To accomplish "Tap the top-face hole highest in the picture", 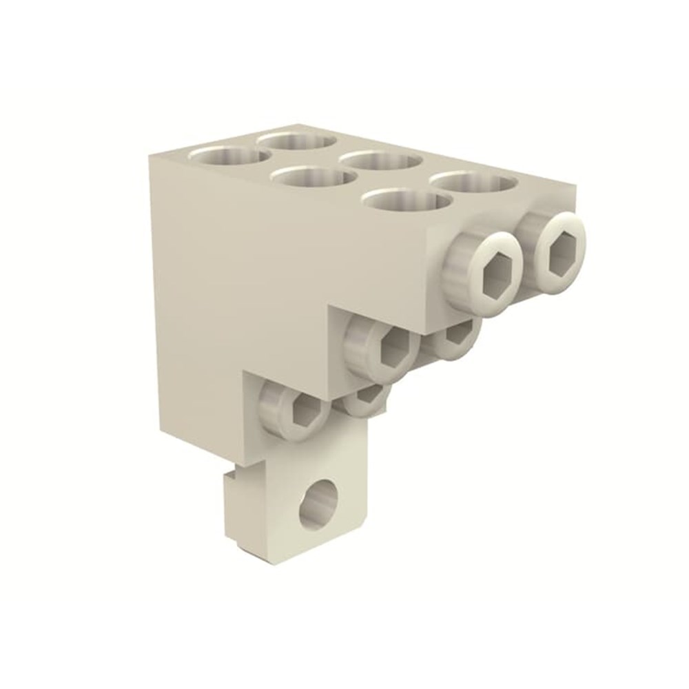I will pyautogui.click(x=297, y=142).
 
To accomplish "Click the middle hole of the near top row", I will pyautogui.click(x=313, y=178).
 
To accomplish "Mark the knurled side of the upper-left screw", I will pyautogui.click(x=460, y=261).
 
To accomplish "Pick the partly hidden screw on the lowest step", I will pyautogui.click(x=365, y=400).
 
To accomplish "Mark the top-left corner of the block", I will pyautogui.click(x=151, y=156).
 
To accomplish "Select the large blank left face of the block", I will pyautogui.click(x=207, y=289).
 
